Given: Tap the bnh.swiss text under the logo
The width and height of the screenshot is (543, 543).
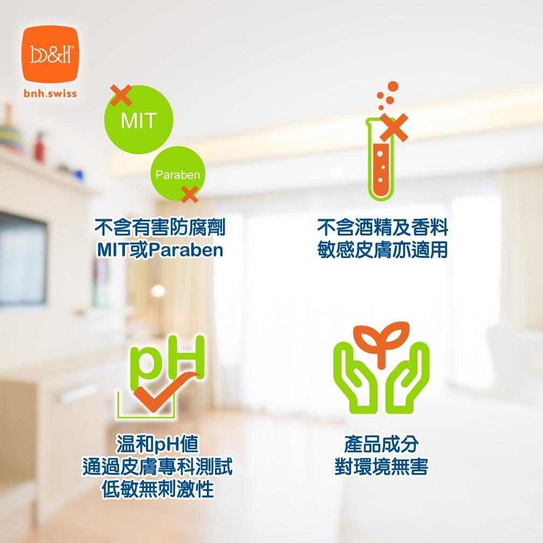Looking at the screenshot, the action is click(x=50, y=94).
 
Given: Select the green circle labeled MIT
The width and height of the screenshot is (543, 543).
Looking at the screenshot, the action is click(x=138, y=120).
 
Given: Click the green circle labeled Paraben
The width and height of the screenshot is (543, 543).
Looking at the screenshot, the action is click(x=178, y=174).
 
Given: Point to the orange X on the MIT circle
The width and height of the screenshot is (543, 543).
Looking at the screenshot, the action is click(x=121, y=95).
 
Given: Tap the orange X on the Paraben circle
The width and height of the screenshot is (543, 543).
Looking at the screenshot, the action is click(x=190, y=194).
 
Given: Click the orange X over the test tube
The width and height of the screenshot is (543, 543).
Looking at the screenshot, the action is click(x=394, y=128).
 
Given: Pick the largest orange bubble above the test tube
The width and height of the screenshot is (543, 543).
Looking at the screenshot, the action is click(x=393, y=87).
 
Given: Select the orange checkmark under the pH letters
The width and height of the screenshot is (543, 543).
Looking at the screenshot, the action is click(x=163, y=393).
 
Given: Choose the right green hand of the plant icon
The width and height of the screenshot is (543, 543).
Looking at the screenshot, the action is click(x=407, y=378).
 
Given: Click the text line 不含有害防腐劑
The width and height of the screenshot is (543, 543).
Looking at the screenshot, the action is click(x=160, y=227).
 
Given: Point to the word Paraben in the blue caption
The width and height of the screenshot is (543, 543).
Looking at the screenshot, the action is click(x=187, y=250).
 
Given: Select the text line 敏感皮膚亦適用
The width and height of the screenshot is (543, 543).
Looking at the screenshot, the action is click(x=382, y=249).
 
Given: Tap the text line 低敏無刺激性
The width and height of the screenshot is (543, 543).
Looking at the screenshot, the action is click(x=157, y=489).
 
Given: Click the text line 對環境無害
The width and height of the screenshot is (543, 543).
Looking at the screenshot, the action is click(x=381, y=467).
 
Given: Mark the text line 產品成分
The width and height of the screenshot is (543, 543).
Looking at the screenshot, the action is click(x=381, y=444).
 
